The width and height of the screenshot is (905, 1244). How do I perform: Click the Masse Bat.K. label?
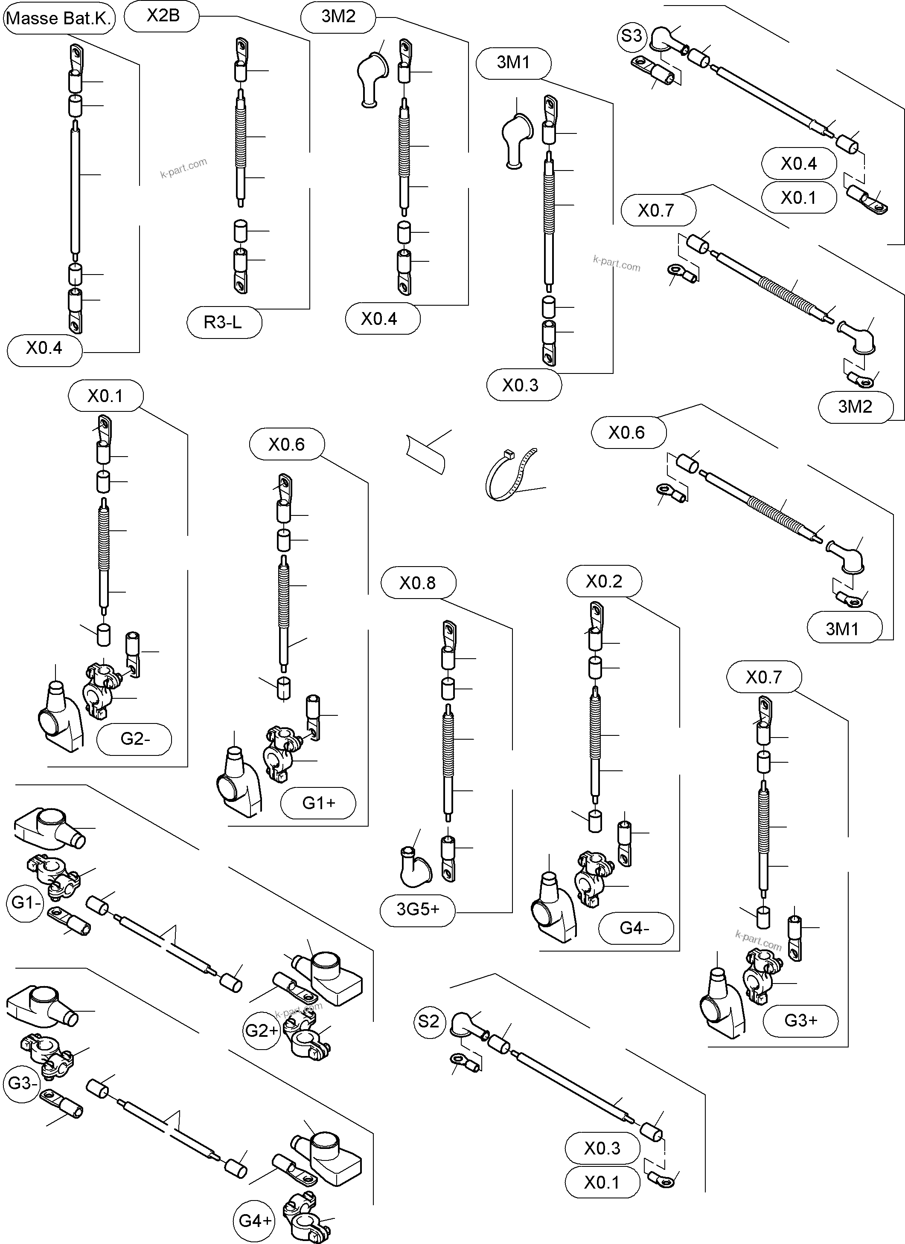coord(59,19)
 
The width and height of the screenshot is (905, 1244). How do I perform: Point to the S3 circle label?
coord(631,36)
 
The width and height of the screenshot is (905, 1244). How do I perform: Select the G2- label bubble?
coord(134,739)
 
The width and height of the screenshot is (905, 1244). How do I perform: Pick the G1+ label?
coord(318,803)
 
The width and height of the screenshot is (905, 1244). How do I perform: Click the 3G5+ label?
coord(418,909)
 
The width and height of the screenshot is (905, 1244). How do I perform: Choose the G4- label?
coord(635,928)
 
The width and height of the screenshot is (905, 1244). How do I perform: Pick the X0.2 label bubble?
coord(604,581)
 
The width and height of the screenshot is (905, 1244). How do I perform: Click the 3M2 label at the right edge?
coord(855,406)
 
